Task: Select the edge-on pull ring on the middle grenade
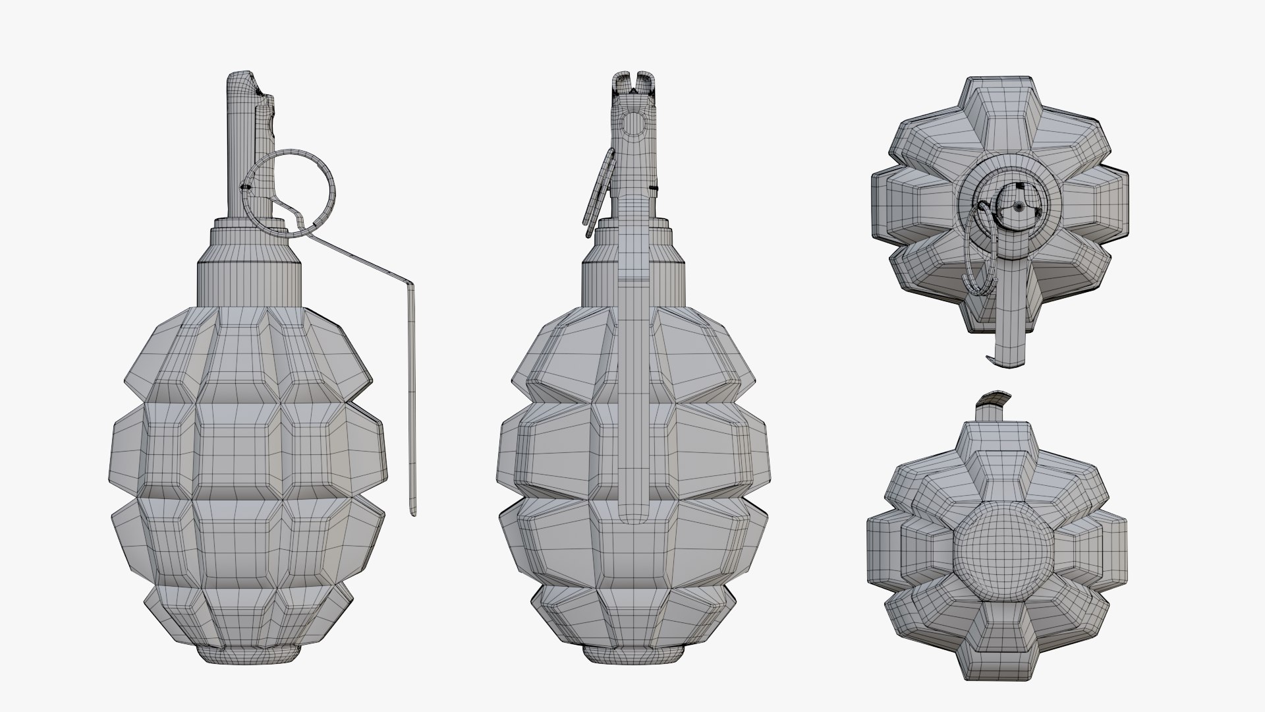pos(598,191)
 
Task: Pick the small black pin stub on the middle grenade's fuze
pos(654,189)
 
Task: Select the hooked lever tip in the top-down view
pos(989,359)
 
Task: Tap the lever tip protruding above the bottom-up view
pos(992,400)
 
